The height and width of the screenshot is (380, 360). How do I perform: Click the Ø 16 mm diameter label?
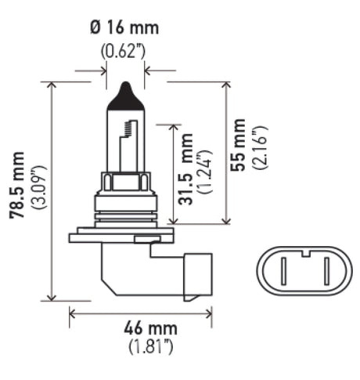pos(124,29)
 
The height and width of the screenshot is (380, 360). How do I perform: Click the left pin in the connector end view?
pos(283,270)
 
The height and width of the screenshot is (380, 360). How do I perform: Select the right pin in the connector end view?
pos(311,270)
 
